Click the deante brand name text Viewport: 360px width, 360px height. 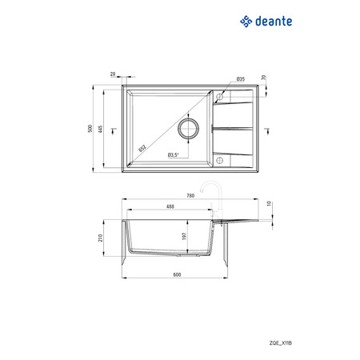tap(274, 22)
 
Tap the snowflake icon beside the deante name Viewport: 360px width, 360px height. tap(246, 22)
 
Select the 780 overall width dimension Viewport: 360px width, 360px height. tap(190, 196)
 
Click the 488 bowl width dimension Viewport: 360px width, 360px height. tap(170, 206)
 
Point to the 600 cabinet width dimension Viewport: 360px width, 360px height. tap(177, 274)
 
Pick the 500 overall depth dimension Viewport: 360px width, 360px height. tap(90, 129)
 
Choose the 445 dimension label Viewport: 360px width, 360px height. tap(101, 129)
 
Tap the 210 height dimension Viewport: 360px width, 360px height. tap(101, 238)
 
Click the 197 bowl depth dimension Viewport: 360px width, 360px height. tap(184, 236)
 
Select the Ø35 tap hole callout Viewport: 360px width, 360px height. tap(241, 79)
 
